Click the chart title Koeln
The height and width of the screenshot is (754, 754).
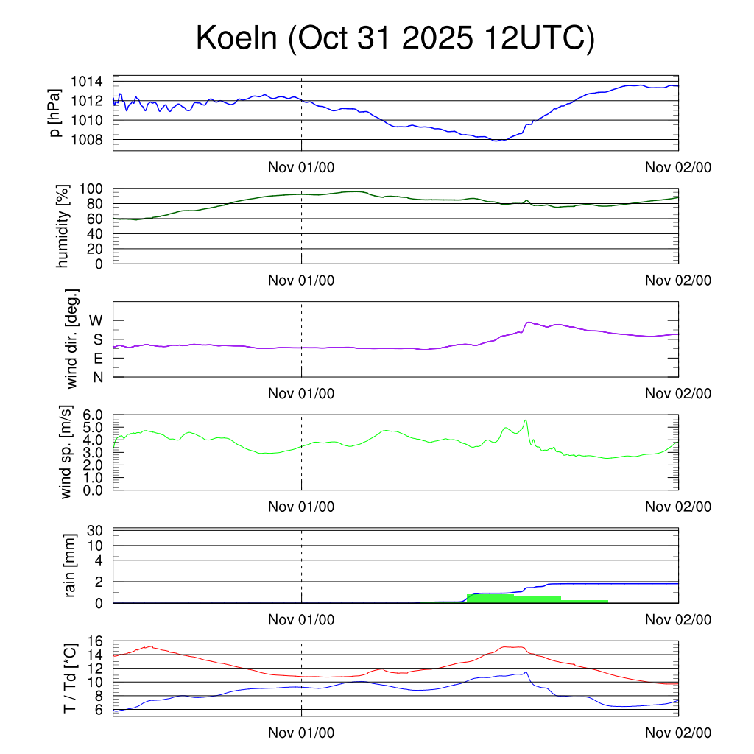[x=395, y=38]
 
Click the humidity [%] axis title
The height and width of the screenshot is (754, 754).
[x=63, y=226]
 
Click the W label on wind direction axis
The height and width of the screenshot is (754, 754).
[x=96, y=320]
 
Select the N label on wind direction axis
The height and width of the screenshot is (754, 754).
[x=96, y=377]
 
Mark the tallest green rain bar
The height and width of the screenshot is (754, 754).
[x=490, y=599]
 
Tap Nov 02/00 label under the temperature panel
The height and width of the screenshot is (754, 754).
[x=678, y=733]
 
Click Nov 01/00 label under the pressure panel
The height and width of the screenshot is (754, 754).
[x=301, y=167]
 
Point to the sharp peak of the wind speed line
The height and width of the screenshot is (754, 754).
[x=526, y=420]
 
